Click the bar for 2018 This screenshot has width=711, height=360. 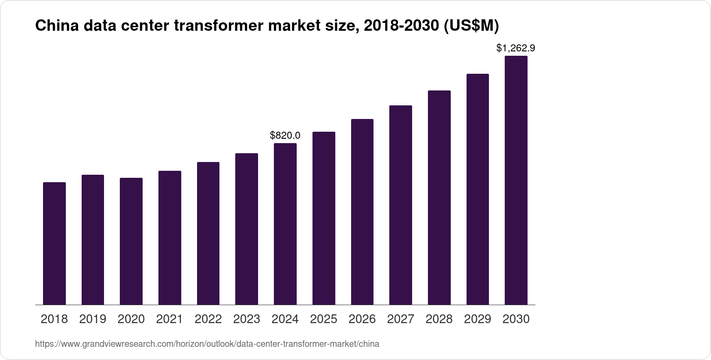54,244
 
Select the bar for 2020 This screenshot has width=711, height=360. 131,241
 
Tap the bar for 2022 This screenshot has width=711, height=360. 208,234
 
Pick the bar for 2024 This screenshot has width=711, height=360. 285,224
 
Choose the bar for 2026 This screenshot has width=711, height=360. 362,212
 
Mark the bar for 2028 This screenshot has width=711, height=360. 439,198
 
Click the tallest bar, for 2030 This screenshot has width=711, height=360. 516,180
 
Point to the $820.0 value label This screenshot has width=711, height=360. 285,135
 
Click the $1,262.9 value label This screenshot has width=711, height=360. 516,48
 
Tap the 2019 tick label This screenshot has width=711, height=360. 93,319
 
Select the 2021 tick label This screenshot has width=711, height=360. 169,319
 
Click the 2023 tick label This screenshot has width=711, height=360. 247,319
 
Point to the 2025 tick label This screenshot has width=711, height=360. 323,319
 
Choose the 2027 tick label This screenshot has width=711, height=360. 401,319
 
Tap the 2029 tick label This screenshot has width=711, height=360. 478,319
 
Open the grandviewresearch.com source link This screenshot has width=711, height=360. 207,344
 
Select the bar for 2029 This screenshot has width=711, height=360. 478,189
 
